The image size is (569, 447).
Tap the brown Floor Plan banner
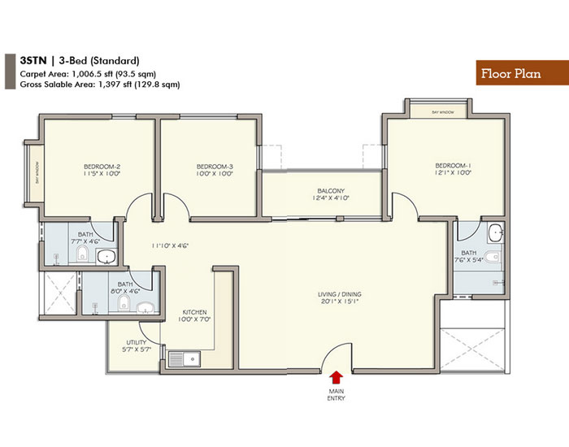coord(509,74)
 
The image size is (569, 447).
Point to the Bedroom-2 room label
coord(102,167)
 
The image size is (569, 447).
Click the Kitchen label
coord(194,312)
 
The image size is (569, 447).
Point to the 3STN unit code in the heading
coord(32,61)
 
